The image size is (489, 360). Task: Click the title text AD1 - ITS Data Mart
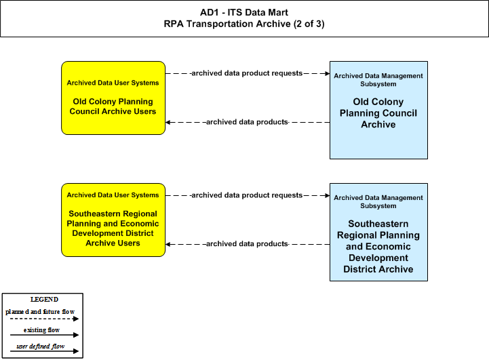[x=244, y=12]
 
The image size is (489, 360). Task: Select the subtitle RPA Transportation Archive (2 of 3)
[x=244, y=24]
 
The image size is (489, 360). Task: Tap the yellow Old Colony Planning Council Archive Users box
[x=113, y=98]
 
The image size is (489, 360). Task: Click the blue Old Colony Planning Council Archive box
[x=378, y=110]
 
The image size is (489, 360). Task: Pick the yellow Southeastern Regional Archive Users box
[x=113, y=220]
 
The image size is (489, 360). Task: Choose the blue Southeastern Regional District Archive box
[x=378, y=233]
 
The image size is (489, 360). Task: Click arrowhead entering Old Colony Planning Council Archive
[x=327, y=73]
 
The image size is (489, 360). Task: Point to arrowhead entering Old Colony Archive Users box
[x=168, y=122]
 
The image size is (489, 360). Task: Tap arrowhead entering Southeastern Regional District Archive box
[x=327, y=195]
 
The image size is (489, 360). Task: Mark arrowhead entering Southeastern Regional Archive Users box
[x=168, y=244]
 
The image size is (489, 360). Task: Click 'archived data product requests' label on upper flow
[x=247, y=73]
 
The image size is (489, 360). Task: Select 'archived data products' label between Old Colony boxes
[x=247, y=122]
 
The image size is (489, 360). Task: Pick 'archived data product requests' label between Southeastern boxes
[x=247, y=195]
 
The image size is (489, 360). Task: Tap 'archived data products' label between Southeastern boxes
[x=247, y=244]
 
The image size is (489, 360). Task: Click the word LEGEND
[x=44, y=300]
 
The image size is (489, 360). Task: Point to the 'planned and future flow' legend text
[x=40, y=312]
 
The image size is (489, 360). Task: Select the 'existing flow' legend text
[x=41, y=329]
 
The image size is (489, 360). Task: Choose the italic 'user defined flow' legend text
[x=41, y=346]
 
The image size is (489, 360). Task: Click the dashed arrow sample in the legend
[x=44, y=319]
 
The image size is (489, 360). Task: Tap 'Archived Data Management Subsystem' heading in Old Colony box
[x=378, y=80]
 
